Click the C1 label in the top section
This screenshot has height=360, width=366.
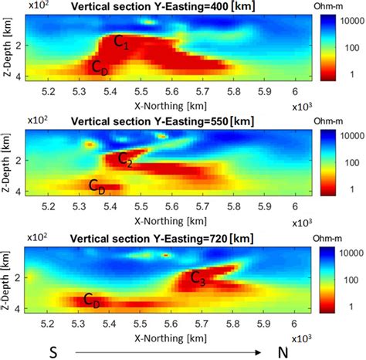pos(122,44)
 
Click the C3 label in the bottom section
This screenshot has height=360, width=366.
pos(219,277)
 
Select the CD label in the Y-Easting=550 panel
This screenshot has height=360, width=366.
pos(97,185)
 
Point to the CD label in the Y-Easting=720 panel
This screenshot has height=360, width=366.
pos(91,300)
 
